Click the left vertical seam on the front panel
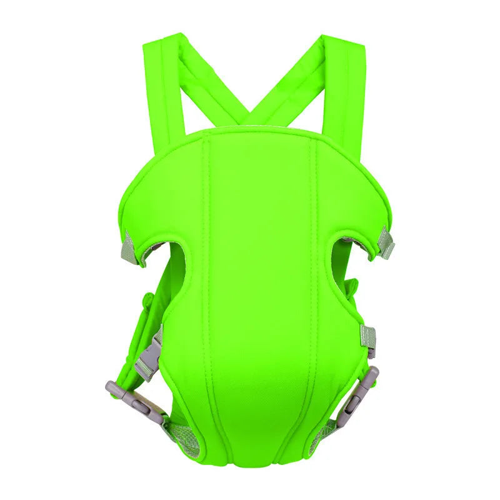tap(209, 281)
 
